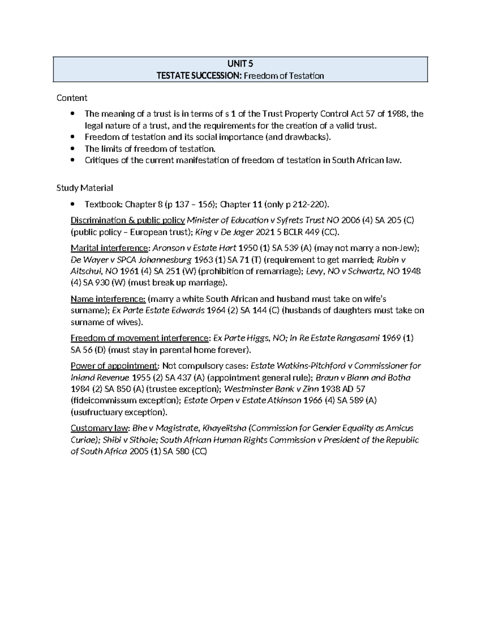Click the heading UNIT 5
240,64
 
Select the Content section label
72,98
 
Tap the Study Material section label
85,188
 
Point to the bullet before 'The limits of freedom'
73,149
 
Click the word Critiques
101,160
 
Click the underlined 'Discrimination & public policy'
127,220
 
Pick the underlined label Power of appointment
114,366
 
